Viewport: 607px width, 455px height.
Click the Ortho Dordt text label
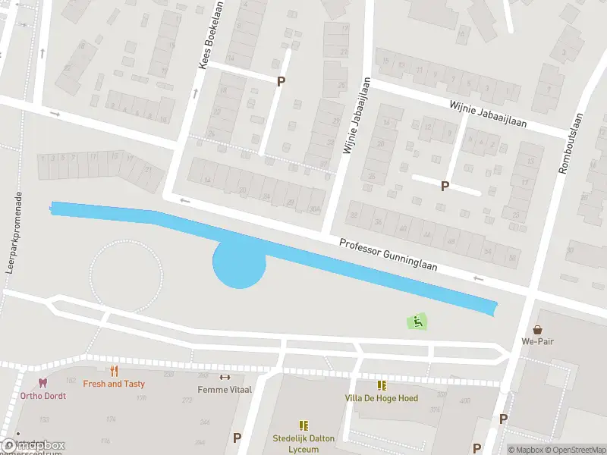[43, 396]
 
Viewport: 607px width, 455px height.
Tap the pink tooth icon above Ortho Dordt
[42, 384]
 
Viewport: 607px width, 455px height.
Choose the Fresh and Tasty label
[114, 384]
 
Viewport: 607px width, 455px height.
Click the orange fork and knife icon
[114, 372]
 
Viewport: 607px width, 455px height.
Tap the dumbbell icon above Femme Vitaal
[224, 377]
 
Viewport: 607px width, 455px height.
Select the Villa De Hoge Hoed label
[381, 398]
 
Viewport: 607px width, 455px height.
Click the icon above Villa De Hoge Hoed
[381, 386]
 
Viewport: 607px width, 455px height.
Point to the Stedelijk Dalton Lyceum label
[303, 443]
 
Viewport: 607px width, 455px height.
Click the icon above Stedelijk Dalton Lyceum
[303, 426]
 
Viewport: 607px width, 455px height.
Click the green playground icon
[417, 322]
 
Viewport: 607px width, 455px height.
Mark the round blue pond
[239, 265]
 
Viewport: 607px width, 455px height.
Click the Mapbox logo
[33, 446]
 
